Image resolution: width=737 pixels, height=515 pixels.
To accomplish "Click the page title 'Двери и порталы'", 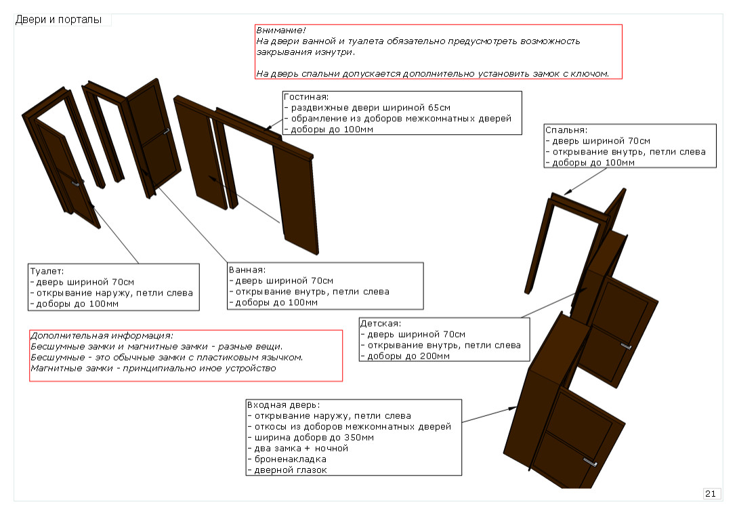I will point(58,20).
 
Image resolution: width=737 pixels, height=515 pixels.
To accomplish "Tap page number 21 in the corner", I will point(711,494).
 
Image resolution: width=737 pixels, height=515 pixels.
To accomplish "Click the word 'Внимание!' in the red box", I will point(280,30).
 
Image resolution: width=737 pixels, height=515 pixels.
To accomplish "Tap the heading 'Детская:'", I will point(381,323).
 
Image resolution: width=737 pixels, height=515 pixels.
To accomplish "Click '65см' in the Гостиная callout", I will point(439,108).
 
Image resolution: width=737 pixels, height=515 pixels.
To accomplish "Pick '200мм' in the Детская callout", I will point(434,356).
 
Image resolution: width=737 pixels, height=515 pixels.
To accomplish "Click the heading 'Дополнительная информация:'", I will point(102,335).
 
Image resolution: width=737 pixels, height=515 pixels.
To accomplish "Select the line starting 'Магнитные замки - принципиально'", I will point(153,368).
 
